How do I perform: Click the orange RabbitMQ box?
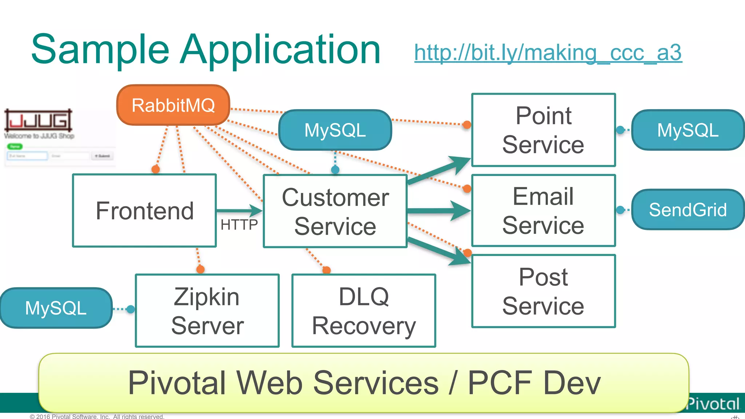pyautogui.click(x=173, y=105)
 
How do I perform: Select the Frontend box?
pyautogui.click(x=144, y=211)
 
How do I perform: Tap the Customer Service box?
pyautogui.click(x=335, y=211)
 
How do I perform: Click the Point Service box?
pyautogui.click(x=543, y=130)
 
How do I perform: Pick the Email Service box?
pyautogui.click(x=543, y=211)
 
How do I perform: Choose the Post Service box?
pyautogui.click(x=543, y=291)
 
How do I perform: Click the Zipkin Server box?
pyautogui.click(x=207, y=311)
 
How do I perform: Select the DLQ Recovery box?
pyautogui.click(x=363, y=311)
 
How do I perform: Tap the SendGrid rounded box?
pyautogui.click(x=688, y=209)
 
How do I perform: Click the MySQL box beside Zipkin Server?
pyautogui.click(x=56, y=308)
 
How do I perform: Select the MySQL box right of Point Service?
pyautogui.click(x=688, y=130)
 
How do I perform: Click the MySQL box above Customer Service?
pyautogui.click(x=335, y=130)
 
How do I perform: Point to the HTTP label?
pyautogui.click(x=239, y=225)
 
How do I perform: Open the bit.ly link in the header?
pyautogui.click(x=548, y=53)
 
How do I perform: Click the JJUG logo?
pyautogui.click(x=38, y=120)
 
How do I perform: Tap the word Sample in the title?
pyautogui.click(x=100, y=49)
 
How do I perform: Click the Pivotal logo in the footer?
pyautogui.click(x=713, y=404)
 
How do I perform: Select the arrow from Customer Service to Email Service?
pyautogui.click(x=438, y=211)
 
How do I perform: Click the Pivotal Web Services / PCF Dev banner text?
pyautogui.click(x=364, y=383)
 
